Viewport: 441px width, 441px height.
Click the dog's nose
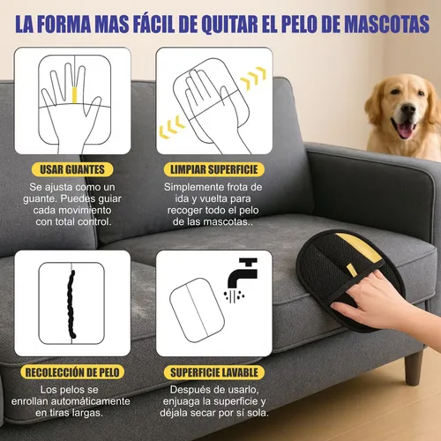point(405,114)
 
